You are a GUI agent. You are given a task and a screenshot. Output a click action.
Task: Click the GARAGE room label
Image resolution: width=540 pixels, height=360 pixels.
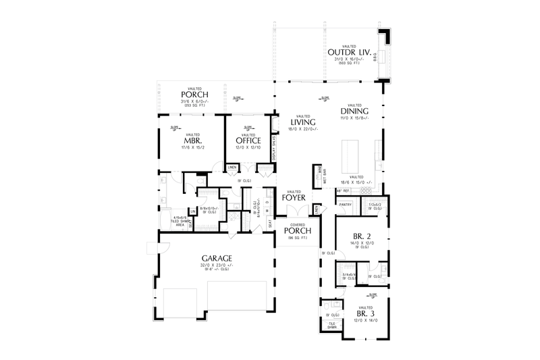click(217, 259)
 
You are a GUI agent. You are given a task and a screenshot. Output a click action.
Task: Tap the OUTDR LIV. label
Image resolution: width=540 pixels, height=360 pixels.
click(346, 52)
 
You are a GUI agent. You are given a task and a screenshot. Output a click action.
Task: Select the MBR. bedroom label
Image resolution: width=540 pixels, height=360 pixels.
click(190, 141)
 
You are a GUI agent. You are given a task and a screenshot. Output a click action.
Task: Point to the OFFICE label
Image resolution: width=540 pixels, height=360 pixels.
click(248, 141)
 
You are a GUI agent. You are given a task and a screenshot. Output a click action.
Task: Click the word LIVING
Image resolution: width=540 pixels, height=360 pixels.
click(295, 122)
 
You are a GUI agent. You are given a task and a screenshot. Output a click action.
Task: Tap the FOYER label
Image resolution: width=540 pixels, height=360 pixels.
click(294, 198)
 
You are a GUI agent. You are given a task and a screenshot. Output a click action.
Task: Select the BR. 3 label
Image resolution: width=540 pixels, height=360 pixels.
click(362, 313)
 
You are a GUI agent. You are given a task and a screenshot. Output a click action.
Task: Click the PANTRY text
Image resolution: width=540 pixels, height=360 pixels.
click(346, 204)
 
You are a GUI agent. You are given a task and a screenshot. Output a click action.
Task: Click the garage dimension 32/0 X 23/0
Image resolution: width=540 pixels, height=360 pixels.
click(216, 265)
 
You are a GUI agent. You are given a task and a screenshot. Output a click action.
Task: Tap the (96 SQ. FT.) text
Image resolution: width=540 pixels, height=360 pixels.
click(298, 238)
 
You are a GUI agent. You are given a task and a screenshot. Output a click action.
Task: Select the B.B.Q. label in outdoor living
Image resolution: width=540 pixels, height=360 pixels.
click(384, 59)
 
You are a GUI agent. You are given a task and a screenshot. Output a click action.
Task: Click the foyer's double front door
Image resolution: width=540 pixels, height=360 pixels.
click(298, 215)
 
